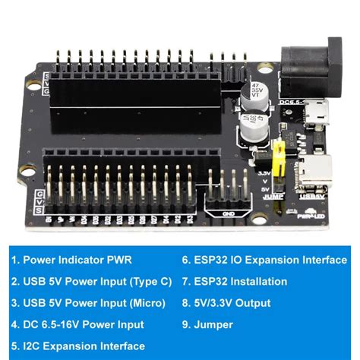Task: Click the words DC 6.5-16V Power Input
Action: coord(82,325)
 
